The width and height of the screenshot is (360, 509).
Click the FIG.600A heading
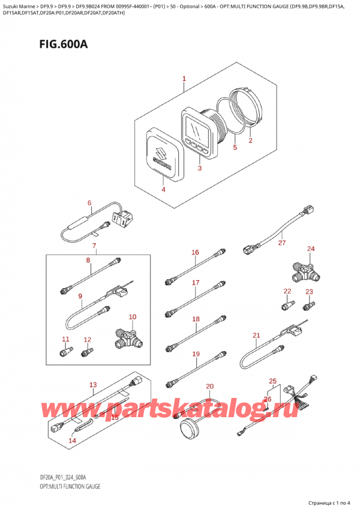click(x=64, y=44)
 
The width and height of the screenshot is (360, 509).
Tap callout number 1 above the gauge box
click(x=184, y=79)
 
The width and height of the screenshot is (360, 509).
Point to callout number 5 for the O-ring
click(x=235, y=148)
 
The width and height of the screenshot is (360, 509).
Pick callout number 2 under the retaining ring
click(x=251, y=140)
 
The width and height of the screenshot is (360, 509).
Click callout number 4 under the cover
click(x=163, y=189)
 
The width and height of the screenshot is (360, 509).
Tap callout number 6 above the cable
click(x=89, y=203)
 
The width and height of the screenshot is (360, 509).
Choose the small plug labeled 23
click(x=309, y=306)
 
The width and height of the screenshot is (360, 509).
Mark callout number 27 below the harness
click(x=282, y=242)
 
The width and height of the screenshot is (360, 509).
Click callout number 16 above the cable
click(x=195, y=252)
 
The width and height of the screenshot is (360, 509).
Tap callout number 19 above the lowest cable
click(x=196, y=354)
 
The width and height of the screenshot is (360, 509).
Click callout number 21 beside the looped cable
click(x=256, y=335)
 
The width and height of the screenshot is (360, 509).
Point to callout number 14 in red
click(x=72, y=441)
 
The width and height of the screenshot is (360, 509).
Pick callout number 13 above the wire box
click(x=93, y=385)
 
